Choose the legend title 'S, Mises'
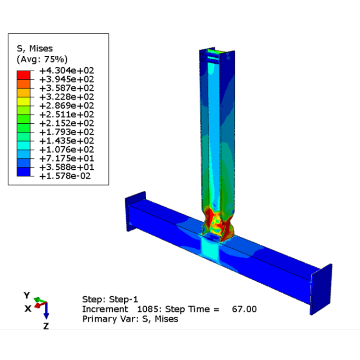pos(35,48)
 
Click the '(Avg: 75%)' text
pos(42,59)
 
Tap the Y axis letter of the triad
pos(27,295)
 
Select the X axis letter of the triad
pos(28,308)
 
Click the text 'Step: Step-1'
pos(110,299)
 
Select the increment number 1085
pos(149,309)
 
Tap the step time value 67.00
pos(244,309)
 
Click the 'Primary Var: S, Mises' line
pos(130,319)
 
